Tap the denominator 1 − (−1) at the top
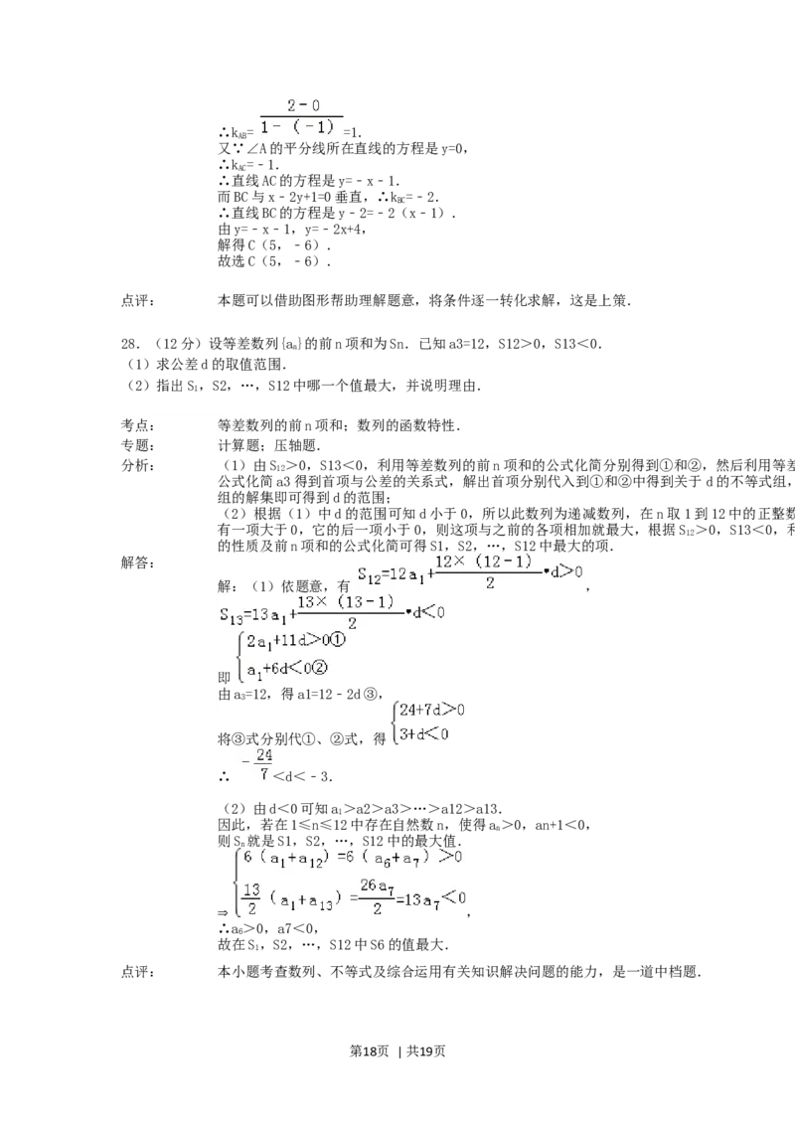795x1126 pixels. pyautogui.click(x=299, y=126)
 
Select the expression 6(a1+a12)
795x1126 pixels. pyautogui.click(x=295, y=857)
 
